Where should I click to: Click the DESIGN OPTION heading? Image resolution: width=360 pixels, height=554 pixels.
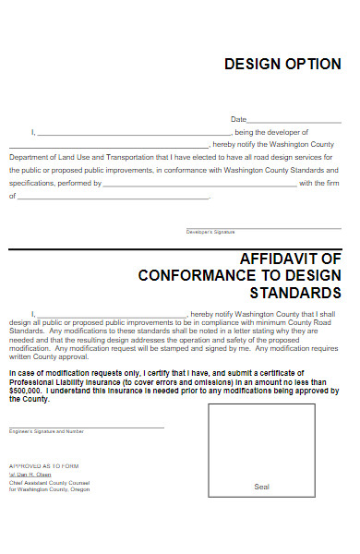click(x=282, y=64)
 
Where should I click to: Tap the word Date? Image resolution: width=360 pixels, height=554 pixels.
click(x=238, y=119)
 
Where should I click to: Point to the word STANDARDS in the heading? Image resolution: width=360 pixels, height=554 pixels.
click(x=295, y=293)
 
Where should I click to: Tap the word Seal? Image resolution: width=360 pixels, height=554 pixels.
click(x=261, y=486)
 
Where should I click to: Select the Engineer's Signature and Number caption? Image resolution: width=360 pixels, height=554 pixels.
click(x=46, y=431)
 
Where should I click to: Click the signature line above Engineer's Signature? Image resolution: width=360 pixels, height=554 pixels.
click(x=87, y=427)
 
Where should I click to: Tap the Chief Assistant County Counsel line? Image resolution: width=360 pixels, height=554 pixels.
click(x=51, y=482)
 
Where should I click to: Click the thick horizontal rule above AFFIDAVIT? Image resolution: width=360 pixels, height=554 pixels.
click(x=175, y=249)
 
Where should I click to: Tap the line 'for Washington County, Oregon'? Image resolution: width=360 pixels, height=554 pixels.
click(x=50, y=489)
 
